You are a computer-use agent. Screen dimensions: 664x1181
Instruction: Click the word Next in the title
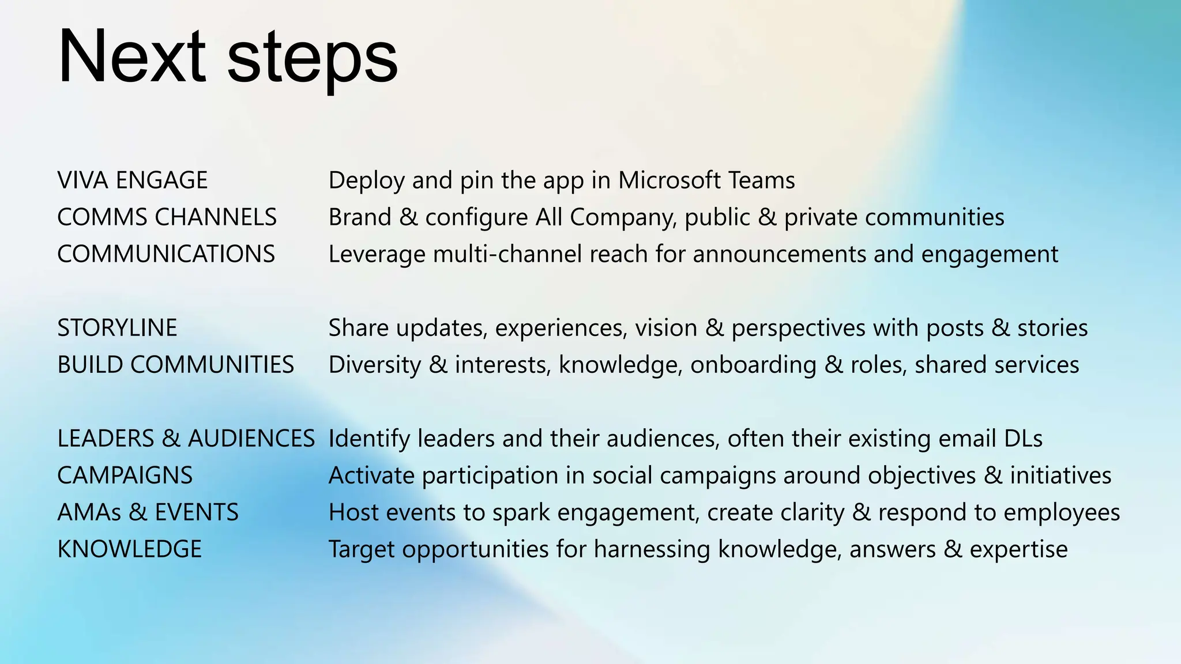click(x=131, y=56)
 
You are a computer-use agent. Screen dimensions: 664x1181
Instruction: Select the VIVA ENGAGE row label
click(x=132, y=180)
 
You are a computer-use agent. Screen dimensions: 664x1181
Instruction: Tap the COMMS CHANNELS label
click(x=167, y=217)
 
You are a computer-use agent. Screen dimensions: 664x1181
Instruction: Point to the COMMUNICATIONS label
click(x=166, y=254)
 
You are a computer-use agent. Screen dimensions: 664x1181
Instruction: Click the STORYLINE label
click(x=117, y=328)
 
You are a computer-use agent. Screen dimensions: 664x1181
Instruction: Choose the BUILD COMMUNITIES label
click(x=175, y=365)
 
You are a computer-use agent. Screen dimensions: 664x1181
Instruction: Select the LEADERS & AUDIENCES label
click(x=186, y=439)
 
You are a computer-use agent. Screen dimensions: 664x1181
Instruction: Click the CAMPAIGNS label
click(x=125, y=476)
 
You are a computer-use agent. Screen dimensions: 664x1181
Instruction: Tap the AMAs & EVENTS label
click(x=148, y=512)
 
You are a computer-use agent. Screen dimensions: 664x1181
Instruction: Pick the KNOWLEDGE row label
click(x=129, y=549)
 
